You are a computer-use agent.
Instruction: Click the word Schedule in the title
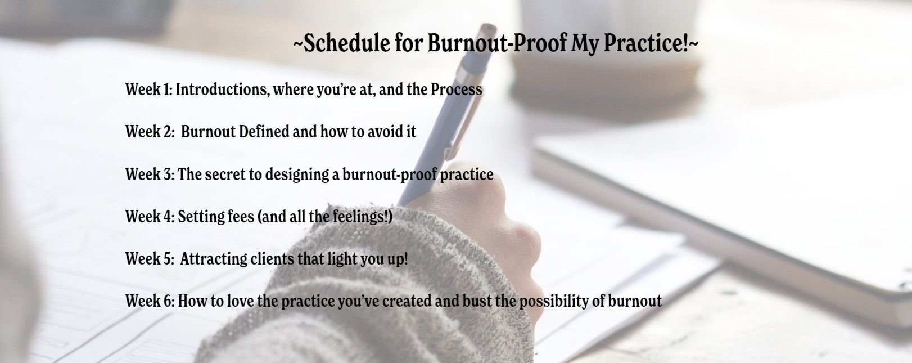point(346,43)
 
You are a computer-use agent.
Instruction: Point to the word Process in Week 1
point(456,89)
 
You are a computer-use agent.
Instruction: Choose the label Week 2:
point(150,132)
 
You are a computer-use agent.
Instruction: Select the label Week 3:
point(150,174)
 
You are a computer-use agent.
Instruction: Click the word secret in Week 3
point(225,174)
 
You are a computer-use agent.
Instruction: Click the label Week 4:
point(150,216)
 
